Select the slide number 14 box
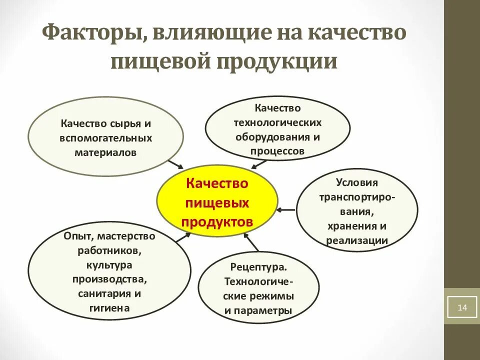pos(461,307)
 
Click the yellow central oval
pos(217,203)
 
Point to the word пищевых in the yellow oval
pos(217,203)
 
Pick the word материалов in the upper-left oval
pos(105,152)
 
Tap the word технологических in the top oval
pos(277,122)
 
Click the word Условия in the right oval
pos(356,182)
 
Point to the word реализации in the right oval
pos(356,240)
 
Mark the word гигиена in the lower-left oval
pos(110,308)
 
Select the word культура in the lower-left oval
pos(109,264)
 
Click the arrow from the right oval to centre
pos(286,209)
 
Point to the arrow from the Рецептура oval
pos(253,243)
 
